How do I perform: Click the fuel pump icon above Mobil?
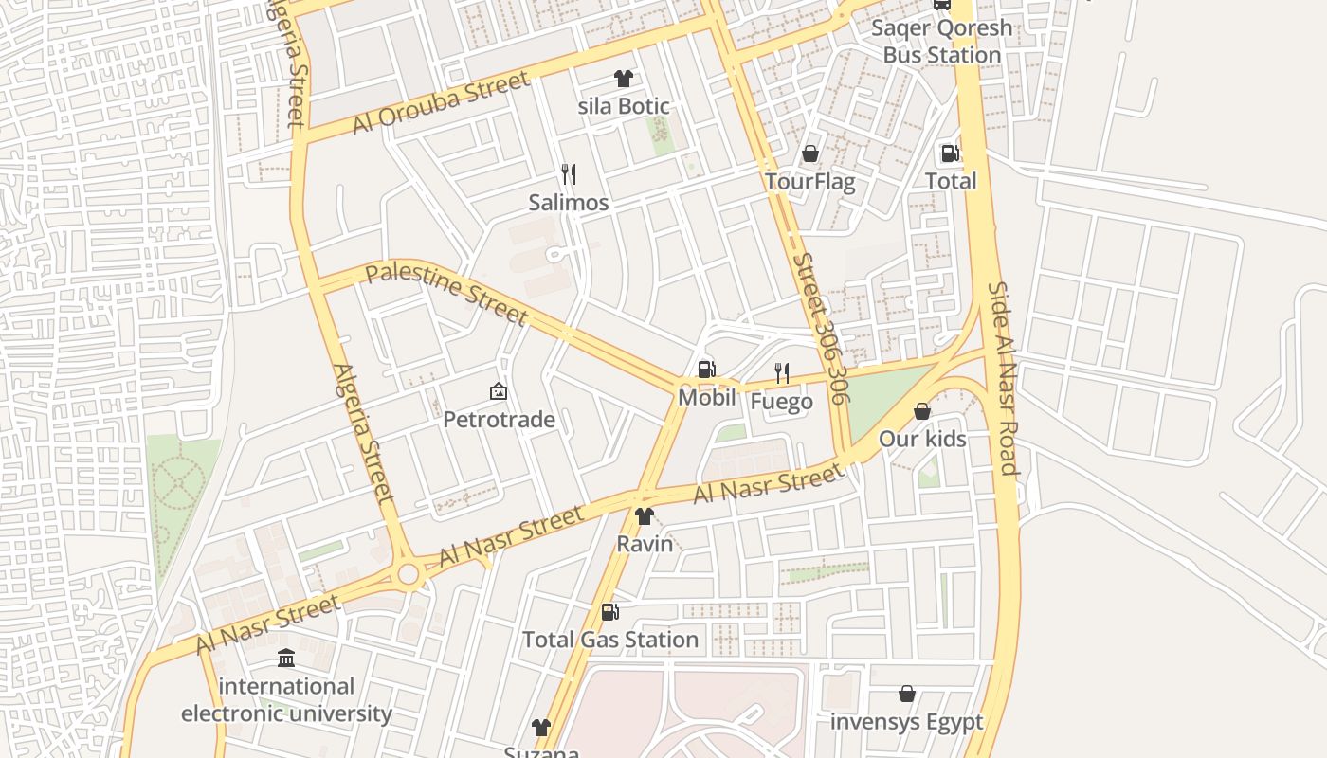tap(706, 370)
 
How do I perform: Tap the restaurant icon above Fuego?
tap(782, 373)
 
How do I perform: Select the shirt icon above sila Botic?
tap(623, 79)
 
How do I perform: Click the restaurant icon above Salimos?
tap(569, 174)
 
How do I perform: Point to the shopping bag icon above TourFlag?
tap(810, 153)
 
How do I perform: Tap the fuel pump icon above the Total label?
tap(950, 153)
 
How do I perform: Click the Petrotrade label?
tap(500, 420)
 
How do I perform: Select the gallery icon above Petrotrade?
tap(499, 391)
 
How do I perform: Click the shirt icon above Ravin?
tap(645, 516)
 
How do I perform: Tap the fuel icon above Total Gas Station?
tap(610, 612)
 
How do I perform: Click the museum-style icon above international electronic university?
tap(286, 658)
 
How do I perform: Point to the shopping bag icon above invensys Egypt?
tap(907, 695)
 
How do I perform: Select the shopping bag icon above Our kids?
tap(922, 411)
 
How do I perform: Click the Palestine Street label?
tap(446, 293)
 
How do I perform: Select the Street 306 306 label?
tap(819, 328)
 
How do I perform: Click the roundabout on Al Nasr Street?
tap(409, 573)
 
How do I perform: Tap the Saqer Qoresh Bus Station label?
tap(941, 41)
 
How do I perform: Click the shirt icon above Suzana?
tap(540, 728)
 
